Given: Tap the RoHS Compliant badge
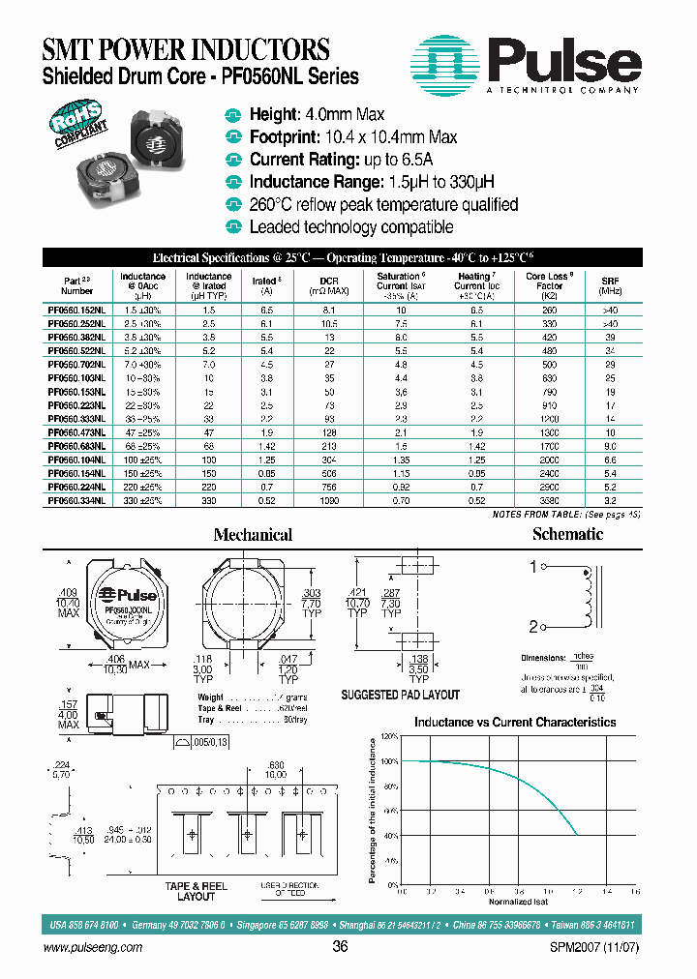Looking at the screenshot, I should tap(80, 125).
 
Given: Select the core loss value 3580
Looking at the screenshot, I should tap(549, 503).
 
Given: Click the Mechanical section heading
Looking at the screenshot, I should tap(253, 535).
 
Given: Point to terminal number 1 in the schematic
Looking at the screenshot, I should tap(532, 568).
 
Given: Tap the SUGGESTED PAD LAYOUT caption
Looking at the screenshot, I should tap(401, 695).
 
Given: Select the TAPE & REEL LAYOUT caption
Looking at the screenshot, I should tap(197, 891).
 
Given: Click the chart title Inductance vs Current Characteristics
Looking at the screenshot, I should tap(514, 722).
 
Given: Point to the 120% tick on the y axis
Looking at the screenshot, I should tap(389, 737).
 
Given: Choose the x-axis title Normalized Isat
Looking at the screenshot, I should tap(516, 901).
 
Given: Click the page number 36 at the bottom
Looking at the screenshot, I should tap(340, 947).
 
